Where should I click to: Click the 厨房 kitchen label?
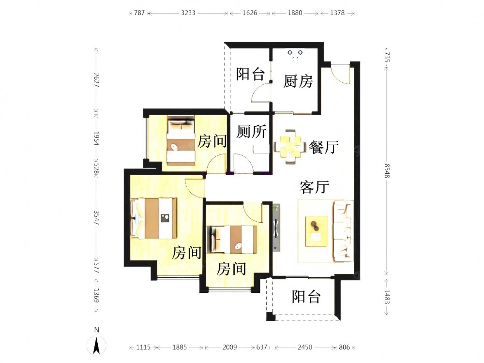tap(298, 81)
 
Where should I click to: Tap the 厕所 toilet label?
tap(251, 132)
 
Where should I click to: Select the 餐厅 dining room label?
tap(324, 147)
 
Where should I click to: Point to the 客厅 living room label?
tap(315, 187)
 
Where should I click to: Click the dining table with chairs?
tap(289, 147)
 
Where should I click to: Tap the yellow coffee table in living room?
tap(317, 231)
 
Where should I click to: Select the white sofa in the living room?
tap(343, 230)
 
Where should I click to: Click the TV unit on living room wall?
tap(276, 227)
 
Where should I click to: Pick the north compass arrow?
tap(97, 345)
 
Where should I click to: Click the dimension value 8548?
tap(387, 171)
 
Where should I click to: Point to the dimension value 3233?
tap(188, 13)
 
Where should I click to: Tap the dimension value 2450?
tap(304, 347)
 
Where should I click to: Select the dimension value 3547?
tap(96, 218)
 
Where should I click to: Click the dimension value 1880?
tap(295, 13)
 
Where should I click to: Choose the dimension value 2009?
tap(229, 347)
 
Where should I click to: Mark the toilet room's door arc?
tap(244, 163)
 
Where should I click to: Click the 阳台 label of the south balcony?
tap(306, 297)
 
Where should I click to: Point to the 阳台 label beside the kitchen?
tap(250, 74)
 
